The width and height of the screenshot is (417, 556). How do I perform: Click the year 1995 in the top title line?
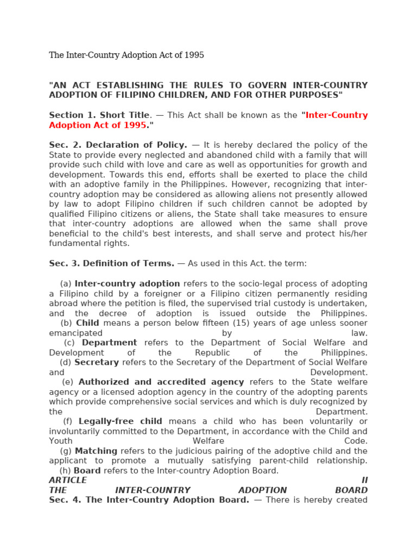click(194, 55)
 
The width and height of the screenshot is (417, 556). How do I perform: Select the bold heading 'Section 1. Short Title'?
click(99, 115)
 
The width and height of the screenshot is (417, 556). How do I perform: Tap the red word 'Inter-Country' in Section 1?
click(337, 115)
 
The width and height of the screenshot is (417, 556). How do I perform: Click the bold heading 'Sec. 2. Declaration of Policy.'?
click(118, 145)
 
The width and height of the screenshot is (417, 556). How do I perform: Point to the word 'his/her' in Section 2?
click(353, 233)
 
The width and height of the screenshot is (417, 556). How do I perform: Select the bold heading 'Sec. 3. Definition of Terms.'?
click(111, 263)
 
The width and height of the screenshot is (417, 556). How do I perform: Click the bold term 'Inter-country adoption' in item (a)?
click(127, 283)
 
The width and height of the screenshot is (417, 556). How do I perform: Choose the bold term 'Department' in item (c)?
click(109, 343)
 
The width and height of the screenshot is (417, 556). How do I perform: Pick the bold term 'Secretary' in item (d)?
click(97, 362)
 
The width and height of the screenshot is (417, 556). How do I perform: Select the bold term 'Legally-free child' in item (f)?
click(120, 421)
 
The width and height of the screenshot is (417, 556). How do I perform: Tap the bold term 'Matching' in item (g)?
click(96, 451)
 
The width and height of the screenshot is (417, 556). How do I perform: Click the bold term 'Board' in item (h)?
click(87, 471)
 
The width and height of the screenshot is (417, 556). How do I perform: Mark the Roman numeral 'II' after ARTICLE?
click(364, 481)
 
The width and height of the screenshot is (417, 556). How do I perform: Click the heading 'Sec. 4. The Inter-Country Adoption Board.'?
click(149, 500)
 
